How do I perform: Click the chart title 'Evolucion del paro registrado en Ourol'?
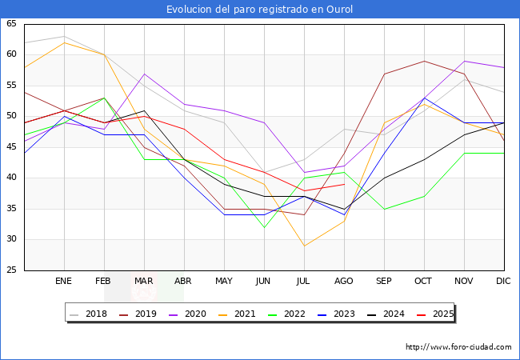point(259,10)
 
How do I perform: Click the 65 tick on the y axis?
point(11,24)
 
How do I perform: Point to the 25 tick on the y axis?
point(11,270)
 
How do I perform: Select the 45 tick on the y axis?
point(11,147)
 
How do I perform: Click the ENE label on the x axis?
point(64,282)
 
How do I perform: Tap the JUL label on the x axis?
point(304,282)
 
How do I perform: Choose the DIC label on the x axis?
point(503,282)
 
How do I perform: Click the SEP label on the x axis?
point(384,282)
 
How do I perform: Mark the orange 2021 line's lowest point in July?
point(304,246)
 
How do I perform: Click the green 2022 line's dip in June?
point(264,227)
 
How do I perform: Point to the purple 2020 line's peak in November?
point(464,61)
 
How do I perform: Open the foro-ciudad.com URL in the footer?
point(458,347)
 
